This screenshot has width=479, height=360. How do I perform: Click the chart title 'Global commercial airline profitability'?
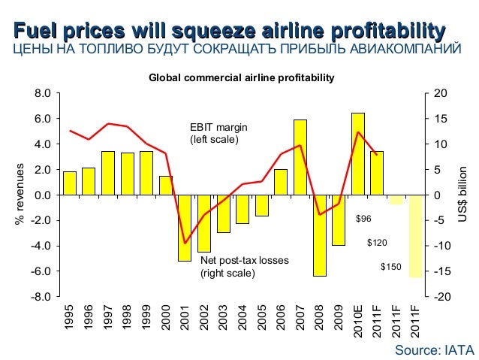click(241, 77)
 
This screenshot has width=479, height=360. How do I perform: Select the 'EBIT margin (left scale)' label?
click(218, 134)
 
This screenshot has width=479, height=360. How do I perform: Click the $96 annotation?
click(363, 219)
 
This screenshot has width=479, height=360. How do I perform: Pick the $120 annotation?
click(377, 244)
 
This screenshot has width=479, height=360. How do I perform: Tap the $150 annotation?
click(390, 267)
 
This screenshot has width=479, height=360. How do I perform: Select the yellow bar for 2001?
click(184, 228)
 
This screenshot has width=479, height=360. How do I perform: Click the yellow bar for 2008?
click(320, 235)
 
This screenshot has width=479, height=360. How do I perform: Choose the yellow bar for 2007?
click(300, 157)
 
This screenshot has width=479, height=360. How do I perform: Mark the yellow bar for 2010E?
click(358, 154)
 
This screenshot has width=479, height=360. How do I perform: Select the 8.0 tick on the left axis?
click(43, 93)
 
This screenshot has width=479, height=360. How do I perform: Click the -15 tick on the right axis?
click(444, 271)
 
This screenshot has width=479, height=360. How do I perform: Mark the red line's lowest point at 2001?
click(185, 243)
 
